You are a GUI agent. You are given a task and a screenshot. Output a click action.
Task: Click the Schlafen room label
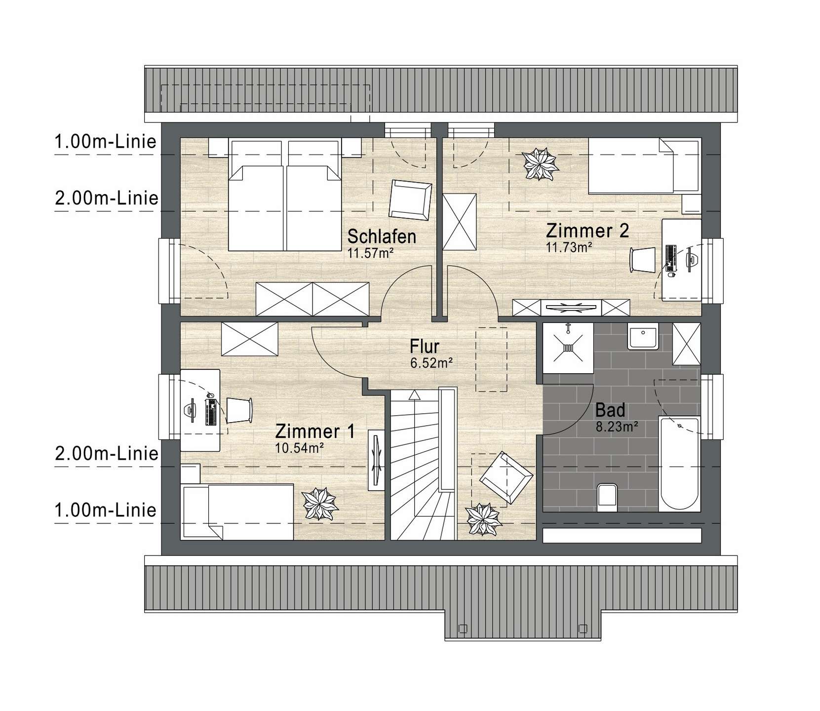[x=382, y=237]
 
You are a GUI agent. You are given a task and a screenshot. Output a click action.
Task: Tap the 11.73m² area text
[x=569, y=247]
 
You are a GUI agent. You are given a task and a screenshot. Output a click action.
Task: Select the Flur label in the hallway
[x=425, y=347]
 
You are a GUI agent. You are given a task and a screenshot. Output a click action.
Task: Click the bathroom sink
[x=643, y=337]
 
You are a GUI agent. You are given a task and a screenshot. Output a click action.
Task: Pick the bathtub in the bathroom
[x=680, y=465]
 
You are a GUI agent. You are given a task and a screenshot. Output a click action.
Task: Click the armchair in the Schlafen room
[x=410, y=199]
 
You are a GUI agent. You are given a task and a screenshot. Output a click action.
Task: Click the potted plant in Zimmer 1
[x=320, y=504]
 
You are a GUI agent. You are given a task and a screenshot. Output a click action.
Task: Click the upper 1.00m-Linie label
[x=105, y=142]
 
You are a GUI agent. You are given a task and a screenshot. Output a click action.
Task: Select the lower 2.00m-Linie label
[x=106, y=453]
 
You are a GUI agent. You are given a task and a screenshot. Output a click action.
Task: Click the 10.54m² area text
[x=299, y=448]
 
